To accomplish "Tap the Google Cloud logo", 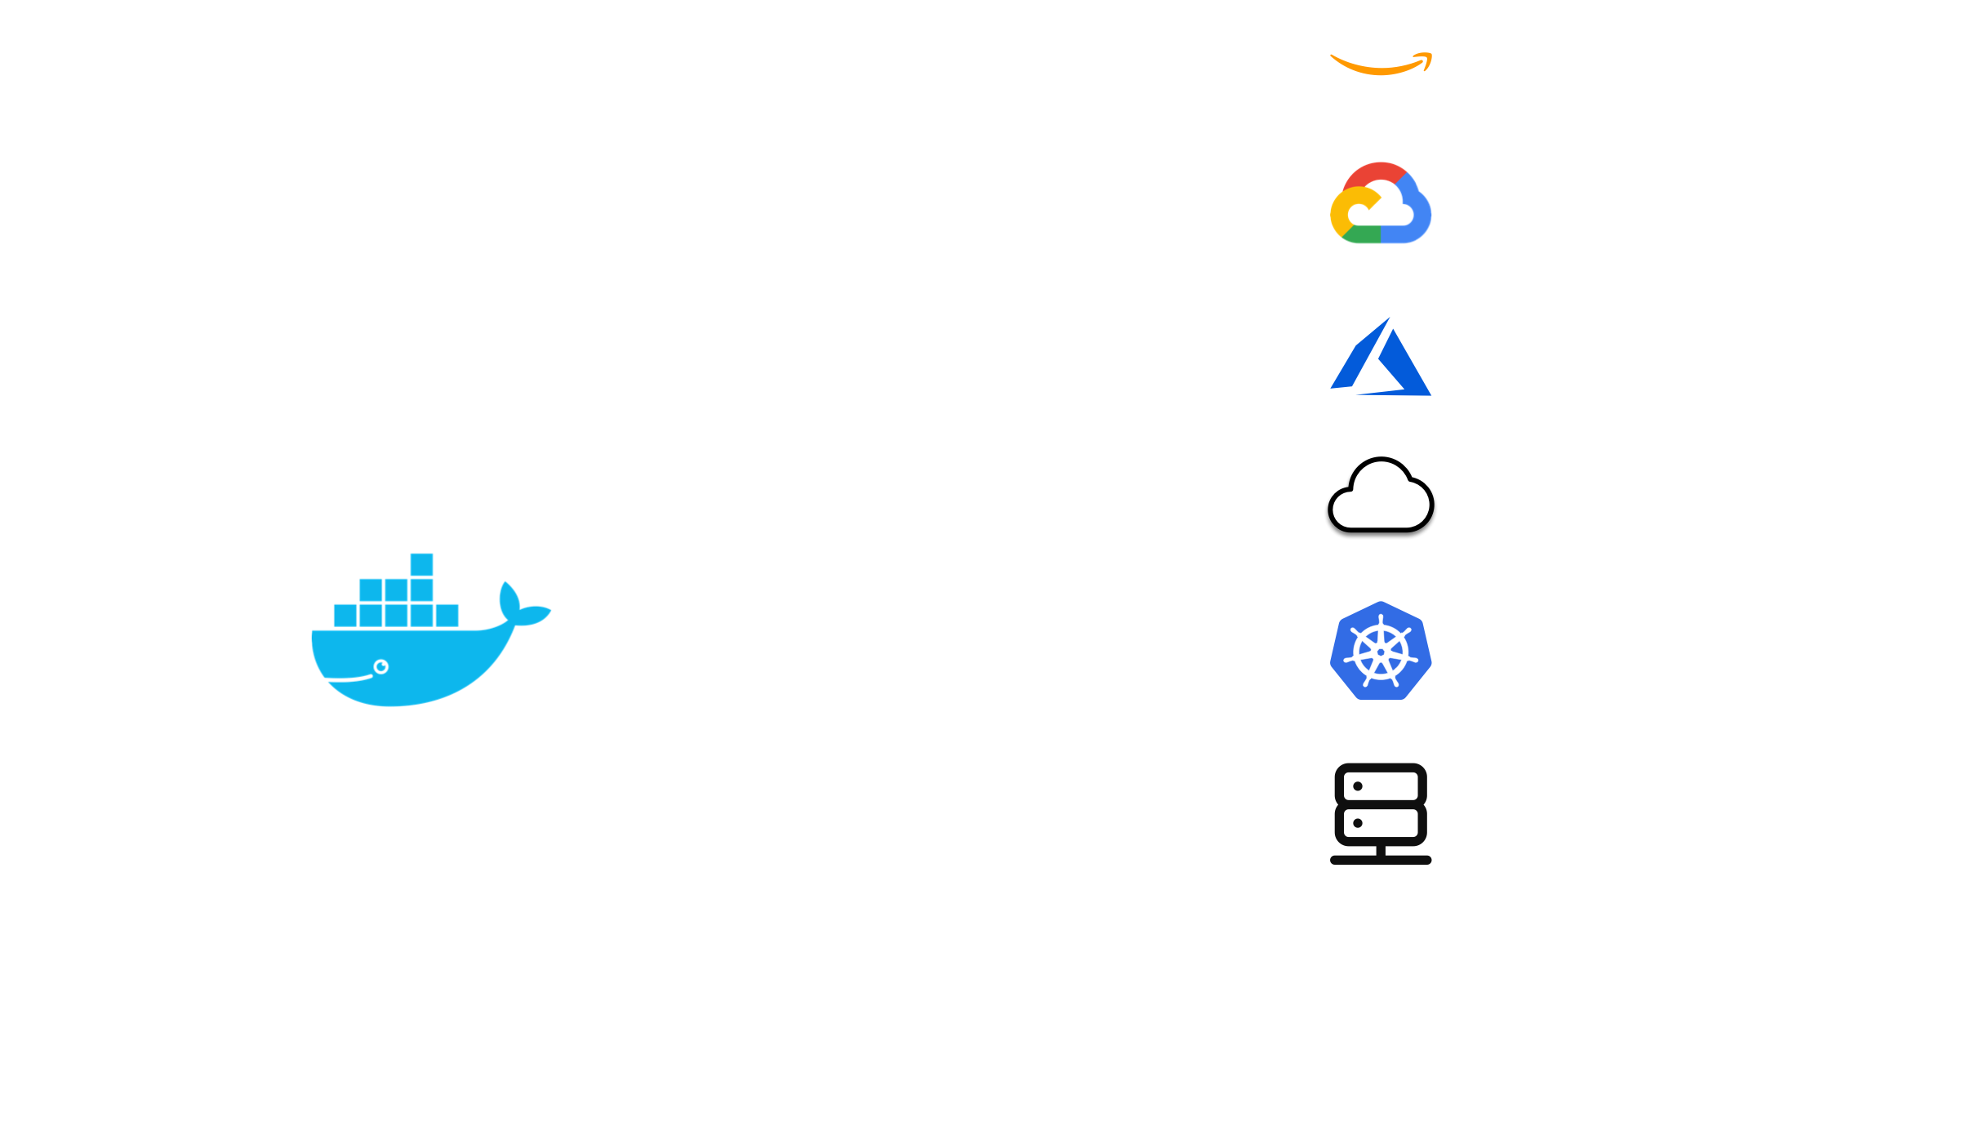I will [1381, 204].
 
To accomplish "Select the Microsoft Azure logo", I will [1381, 359].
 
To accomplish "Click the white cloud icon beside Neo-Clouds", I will [1381, 496].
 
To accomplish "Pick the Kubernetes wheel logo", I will [1381, 652].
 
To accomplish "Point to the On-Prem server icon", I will [1381, 812].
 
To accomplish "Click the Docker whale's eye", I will [380, 667].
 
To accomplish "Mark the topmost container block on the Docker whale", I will [421, 564].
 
